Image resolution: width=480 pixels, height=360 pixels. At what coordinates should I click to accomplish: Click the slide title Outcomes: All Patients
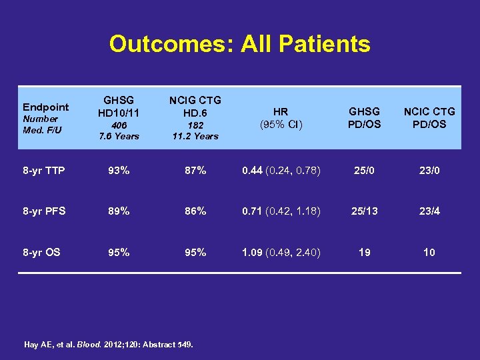tap(239, 44)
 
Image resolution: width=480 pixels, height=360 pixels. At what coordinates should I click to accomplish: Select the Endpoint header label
tap(45, 107)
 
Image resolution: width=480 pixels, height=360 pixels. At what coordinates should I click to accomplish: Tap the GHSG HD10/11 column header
tap(119, 105)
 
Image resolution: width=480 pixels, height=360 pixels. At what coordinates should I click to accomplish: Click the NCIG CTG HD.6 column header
tap(195, 105)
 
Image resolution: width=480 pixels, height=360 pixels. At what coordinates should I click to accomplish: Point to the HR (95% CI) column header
tap(281, 118)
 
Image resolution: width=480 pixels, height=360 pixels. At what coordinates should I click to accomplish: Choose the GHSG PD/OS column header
tap(364, 118)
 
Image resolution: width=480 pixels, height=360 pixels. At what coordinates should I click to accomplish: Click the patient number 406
tap(119, 125)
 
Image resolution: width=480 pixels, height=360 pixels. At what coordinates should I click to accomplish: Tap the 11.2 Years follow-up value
tap(195, 136)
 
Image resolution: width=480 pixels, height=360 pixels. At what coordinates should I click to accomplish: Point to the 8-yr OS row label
tap(41, 253)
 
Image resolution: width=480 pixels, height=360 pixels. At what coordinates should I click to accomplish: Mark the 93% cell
tap(119, 171)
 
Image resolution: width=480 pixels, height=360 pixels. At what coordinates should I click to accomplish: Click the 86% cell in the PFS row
tap(195, 211)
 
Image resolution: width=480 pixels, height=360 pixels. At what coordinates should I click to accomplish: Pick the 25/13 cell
tap(364, 211)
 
